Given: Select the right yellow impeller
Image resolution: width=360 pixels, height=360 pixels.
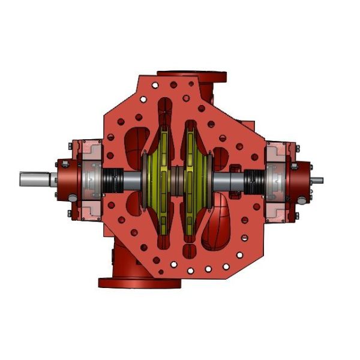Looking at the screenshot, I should [x=195, y=180].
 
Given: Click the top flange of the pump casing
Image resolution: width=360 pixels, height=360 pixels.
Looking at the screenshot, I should [x=192, y=76].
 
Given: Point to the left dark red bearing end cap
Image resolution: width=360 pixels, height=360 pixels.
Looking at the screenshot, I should [x=65, y=179].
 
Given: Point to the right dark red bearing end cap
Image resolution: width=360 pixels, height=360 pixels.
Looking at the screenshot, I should [x=300, y=179].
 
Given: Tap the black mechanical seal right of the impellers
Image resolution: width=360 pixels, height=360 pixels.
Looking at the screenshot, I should [x=253, y=179].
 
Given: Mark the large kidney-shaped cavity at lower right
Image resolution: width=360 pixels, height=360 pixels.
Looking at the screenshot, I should [x=219, y=225].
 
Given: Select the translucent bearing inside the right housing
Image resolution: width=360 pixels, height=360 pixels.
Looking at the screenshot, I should [x=276, y=179].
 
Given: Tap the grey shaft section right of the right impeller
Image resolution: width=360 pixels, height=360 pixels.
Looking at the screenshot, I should [x=228, y=179].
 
